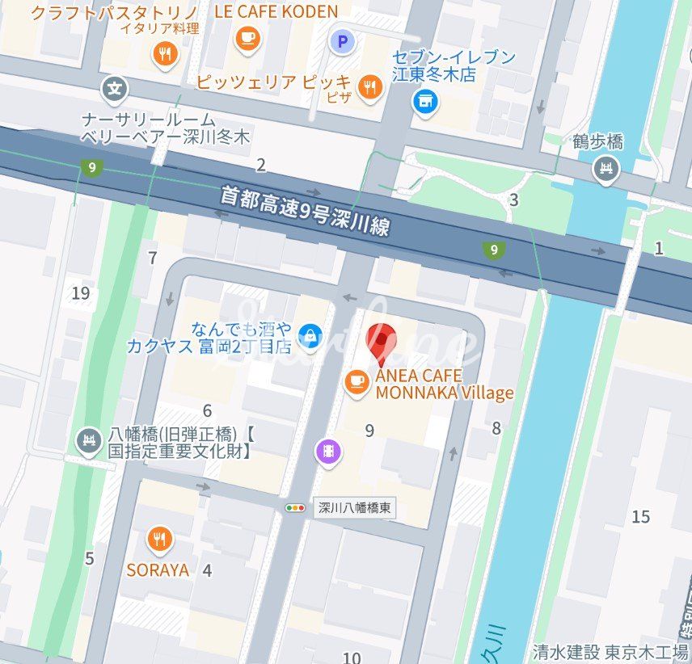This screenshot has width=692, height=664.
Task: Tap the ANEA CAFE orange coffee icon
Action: pyautogui.click(x=356, y=382)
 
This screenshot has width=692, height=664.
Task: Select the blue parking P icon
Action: pyautogui.click(x=343, y=40)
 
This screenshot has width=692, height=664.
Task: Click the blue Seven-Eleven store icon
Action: pyautogui.click(x=424, y=101)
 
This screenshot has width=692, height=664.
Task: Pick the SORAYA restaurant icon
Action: pyautogui.click(x=159, y=539)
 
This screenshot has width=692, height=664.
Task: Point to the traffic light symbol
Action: pyautogui.click(x=296, y=508)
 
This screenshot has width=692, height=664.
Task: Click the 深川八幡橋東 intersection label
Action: pyautogui.click(x=355, y=508)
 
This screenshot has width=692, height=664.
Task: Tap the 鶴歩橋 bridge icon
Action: pyautogui.click(x=605, y=170)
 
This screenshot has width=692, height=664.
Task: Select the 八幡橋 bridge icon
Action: pyautogui.click(x=87, y=441)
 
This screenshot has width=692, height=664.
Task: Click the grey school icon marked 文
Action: pyautogui.click(x=117, y=88)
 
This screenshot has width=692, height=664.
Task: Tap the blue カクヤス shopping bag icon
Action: pyautogui.click(x=308, y=334)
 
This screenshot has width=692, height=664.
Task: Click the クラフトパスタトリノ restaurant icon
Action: pyautogui.click(x=166, y=54)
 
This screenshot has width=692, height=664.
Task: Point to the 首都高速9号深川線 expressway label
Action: pyautogui.click(x=306, y=210)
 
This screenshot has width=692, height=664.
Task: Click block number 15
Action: pyautogui.click(x=640, y=516)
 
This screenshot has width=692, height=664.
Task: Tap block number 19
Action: pyautogui.click(x=80, y=292)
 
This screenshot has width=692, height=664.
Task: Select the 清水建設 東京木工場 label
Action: pyautogui.click(x=610, y=651)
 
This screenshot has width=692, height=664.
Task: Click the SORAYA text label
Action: pyautogui.click(x=158, y=570)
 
